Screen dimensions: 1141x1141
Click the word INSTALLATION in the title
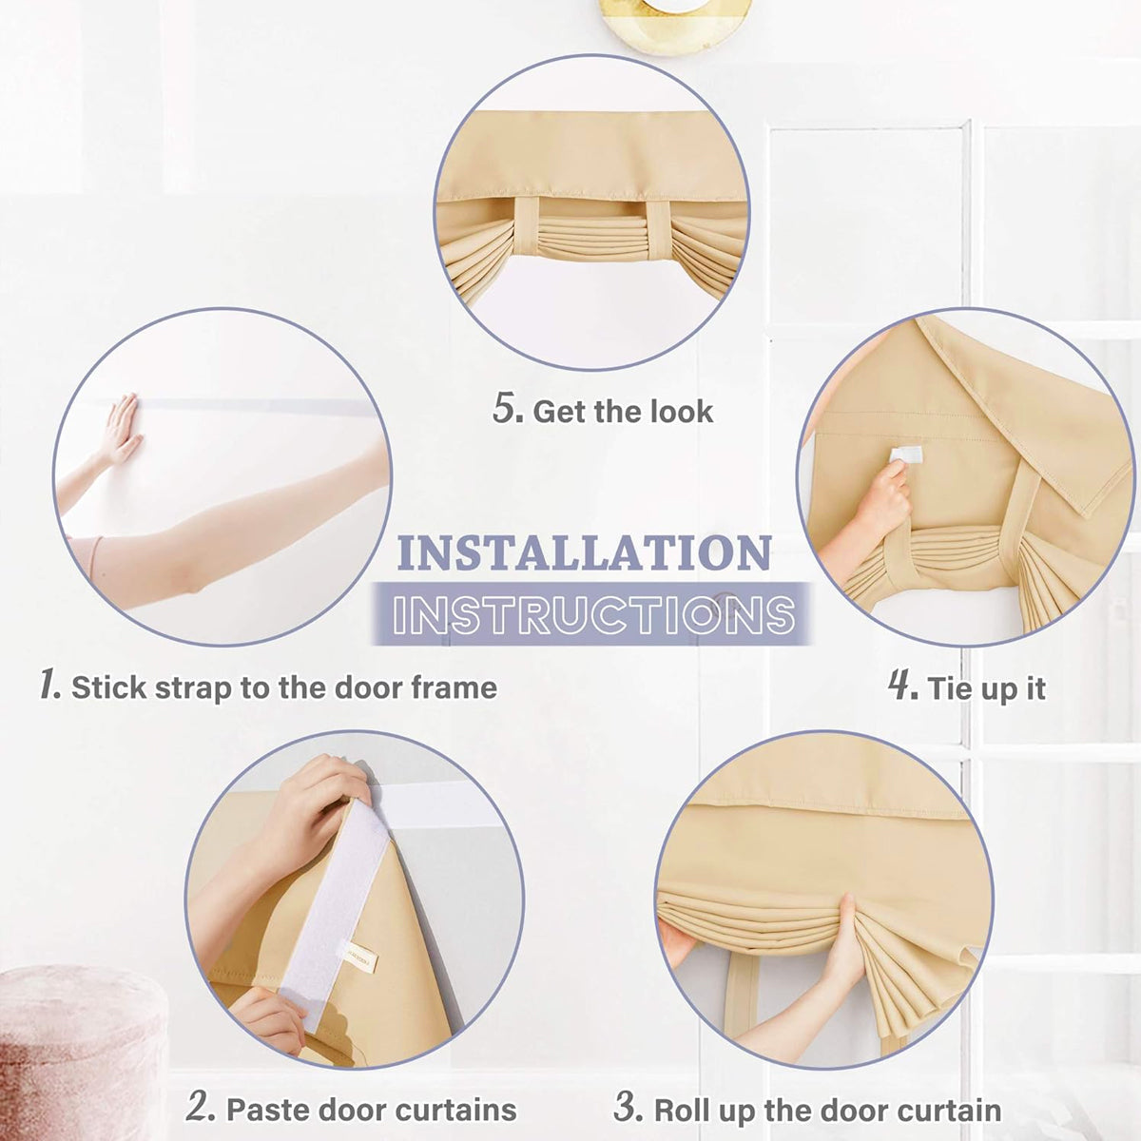coord(585,553)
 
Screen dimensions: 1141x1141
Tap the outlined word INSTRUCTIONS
coord(593,613)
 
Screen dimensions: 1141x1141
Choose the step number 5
coord(508,409)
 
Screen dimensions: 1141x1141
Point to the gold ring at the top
coord(676,24)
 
